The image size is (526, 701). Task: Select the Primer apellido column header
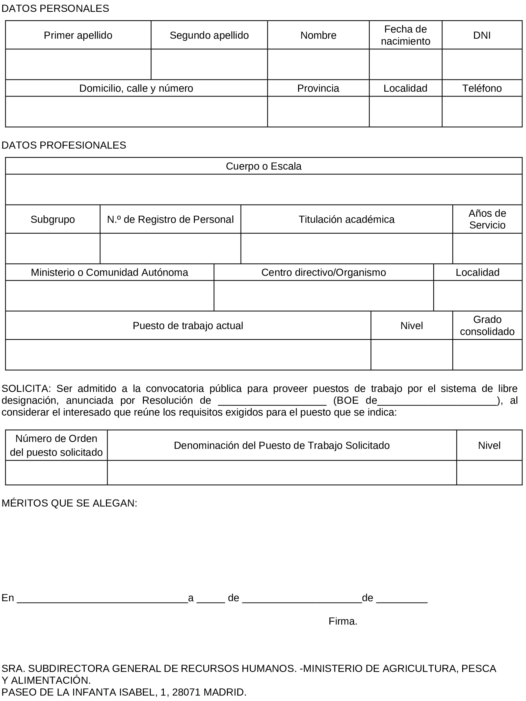pos(78,35)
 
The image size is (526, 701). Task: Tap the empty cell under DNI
pos(481,64)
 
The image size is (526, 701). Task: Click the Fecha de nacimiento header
pos(405,35)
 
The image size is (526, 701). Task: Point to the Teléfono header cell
pos(481,88)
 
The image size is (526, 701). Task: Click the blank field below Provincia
pos(318,112)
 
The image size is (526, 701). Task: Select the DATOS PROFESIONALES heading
pos(64,145)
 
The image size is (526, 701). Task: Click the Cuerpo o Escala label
pos(263,166)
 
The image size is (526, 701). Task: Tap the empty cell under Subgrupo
pos(52,248)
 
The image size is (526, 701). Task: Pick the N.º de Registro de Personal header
pos(170,219)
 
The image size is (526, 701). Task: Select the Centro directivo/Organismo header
pos(323,272)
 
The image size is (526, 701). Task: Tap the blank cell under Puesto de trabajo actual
pos(188,355)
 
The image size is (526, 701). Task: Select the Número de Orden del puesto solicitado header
pos(56,445)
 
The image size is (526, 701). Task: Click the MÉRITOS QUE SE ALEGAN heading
pos(69,503)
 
